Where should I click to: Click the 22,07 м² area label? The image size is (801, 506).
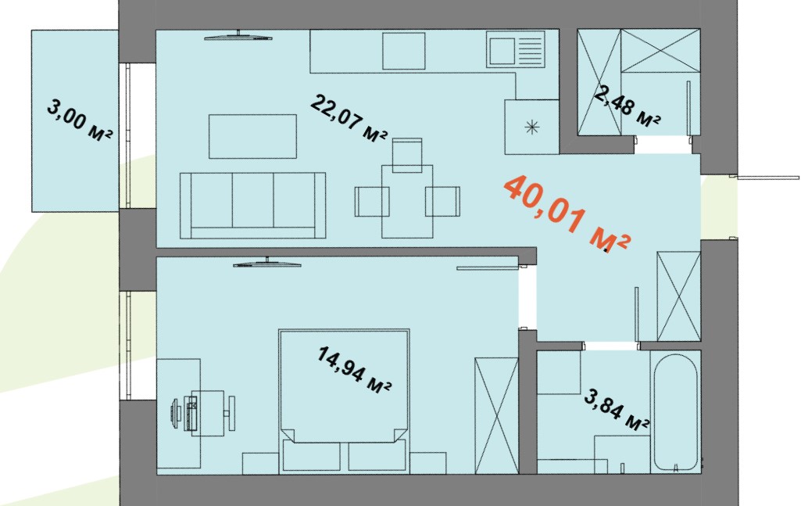(349, 119)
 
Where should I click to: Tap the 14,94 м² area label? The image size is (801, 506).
(355, 370)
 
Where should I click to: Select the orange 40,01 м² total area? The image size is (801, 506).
(566, 214)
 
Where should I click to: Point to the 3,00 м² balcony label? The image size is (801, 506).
(80, 120)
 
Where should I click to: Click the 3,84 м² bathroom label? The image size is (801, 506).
(617, 411)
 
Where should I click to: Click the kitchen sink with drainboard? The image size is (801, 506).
(516, 49)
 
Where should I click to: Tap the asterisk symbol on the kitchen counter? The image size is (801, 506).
(532, 127)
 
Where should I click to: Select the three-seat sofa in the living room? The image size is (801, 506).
(253, 206)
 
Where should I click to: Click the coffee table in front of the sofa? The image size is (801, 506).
(253, 136)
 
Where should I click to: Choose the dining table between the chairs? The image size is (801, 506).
(407, 201)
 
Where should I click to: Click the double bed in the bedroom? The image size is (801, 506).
(344, 400)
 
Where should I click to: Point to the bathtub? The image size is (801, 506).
(676, 412)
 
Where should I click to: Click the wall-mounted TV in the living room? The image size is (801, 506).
(238, 36)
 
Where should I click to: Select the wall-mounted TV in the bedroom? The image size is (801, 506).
(267, 264)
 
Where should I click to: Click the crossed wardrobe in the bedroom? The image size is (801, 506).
(496, 415)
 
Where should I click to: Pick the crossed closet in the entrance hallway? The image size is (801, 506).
(678, 296)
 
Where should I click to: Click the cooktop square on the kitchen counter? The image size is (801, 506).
(404, 51)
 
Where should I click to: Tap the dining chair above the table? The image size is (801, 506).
(407, 156)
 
